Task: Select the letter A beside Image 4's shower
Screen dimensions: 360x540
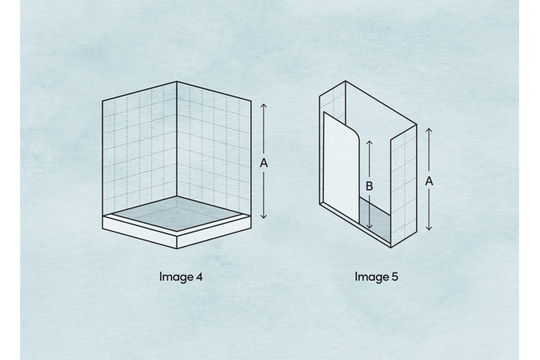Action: (264, 163)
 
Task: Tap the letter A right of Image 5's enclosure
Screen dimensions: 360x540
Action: (429, 181)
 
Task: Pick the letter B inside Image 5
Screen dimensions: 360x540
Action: (369, 186)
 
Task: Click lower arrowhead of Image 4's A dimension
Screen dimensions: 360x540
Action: (264, 217)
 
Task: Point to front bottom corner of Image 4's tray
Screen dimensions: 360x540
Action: (176, 246)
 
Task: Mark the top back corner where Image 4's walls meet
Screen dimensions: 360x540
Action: (176, 83)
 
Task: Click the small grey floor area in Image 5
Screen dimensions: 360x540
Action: (375, 216)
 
